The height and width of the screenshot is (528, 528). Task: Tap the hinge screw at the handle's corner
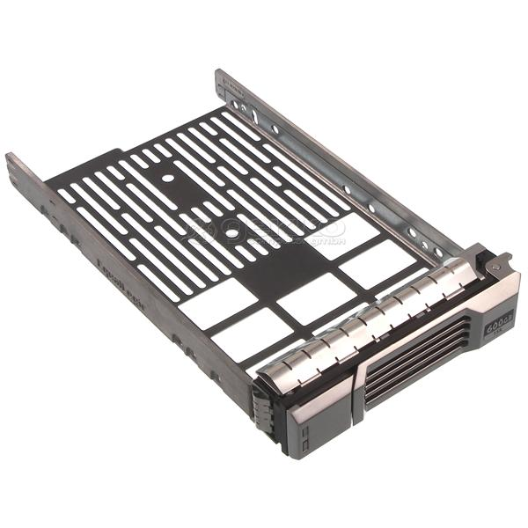pyautogui.click(x=495, y=261)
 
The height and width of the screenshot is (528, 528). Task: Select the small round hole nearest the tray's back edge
pyautogui.click(x=167, y=178)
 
